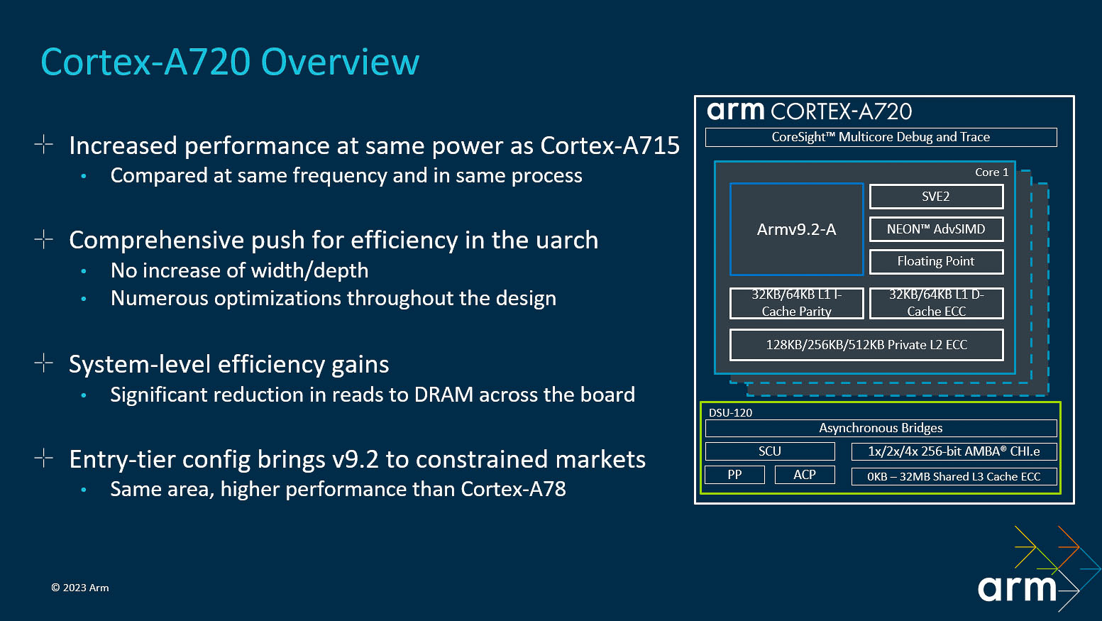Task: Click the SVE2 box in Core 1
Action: pyautogui.click(x=936, y=197)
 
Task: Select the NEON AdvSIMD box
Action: pyautogui.click(x=936, y=229)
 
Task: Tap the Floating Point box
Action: pyautogui.click(x=936, y=261)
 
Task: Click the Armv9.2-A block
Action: pyautogui.click(x=796, y=229)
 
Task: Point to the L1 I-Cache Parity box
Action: pyautogui.click(x=796, y=303)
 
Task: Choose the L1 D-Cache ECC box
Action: pyautogui.click(x=936, y=303)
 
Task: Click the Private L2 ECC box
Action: pyautogui.click(x=866, y=345)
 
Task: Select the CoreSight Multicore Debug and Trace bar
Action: pyautogui.click(x=881, y=137)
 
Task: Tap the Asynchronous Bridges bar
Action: pyautogui.click(x=881, y=428)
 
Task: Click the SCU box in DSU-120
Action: pyautogui.click(x=770, y=451)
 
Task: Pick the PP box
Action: pyautogui.click(x=734, y=475)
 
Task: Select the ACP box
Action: pyautogui.click(x=805, y=475)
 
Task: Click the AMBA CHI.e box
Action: pyautogui.click(x=954, y=451)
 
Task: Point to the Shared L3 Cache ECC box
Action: pyautogui.click(x=954, y=477)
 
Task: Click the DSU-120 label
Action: pyautogui.click(x=730, y=412)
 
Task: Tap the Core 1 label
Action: pyautogui.click(x=991, y=172)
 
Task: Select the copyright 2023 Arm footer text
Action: pyautogui.click(x=80, y=588)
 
